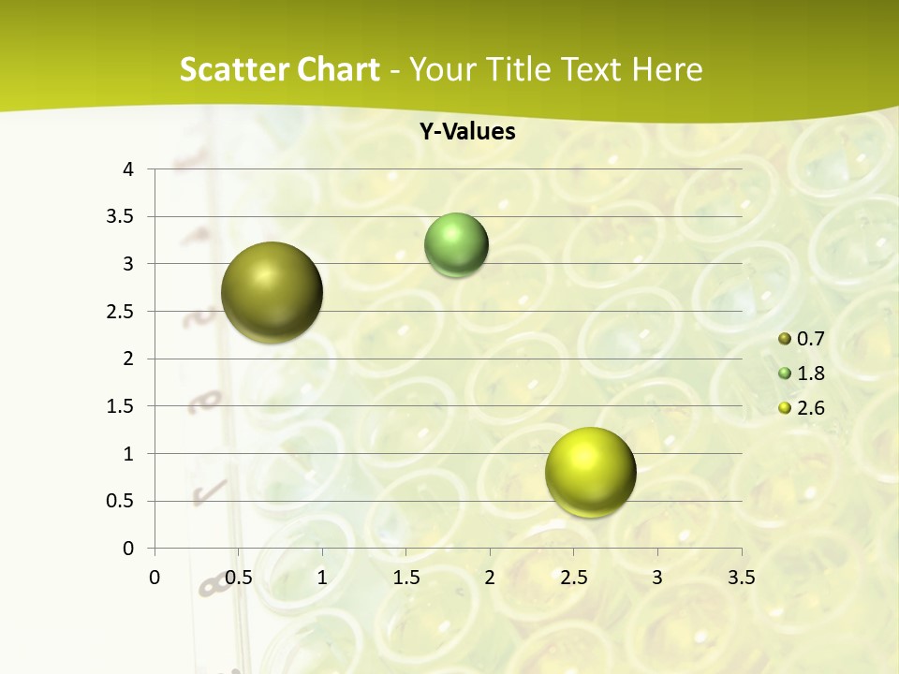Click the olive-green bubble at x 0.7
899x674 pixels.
pyautogui.click(x=272, y=292)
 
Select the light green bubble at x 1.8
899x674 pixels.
pyautogui.click(x=456, y=245)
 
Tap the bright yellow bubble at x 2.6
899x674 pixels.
pyautogui.click(x=590, y=472)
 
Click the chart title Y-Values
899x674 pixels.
pyautogui.click(x=466, y=132)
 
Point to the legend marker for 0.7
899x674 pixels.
pyautogui.click(x=785, y=339)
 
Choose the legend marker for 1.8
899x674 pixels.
pyautogui.click(x=785, y=374)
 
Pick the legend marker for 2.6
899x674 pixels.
pyautogui.click(x=785, y=408)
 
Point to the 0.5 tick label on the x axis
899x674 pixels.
pyautogui.click(x=239, y=578)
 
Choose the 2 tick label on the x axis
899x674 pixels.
pyautogui.click(x=490, y=578)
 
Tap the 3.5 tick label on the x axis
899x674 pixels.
pyautogui.click(x=741, y=578)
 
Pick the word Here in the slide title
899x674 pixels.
pyautogui.click(x=667, y=69)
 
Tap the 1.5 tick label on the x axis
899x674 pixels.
pyautogui.click(x=406, y=578)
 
